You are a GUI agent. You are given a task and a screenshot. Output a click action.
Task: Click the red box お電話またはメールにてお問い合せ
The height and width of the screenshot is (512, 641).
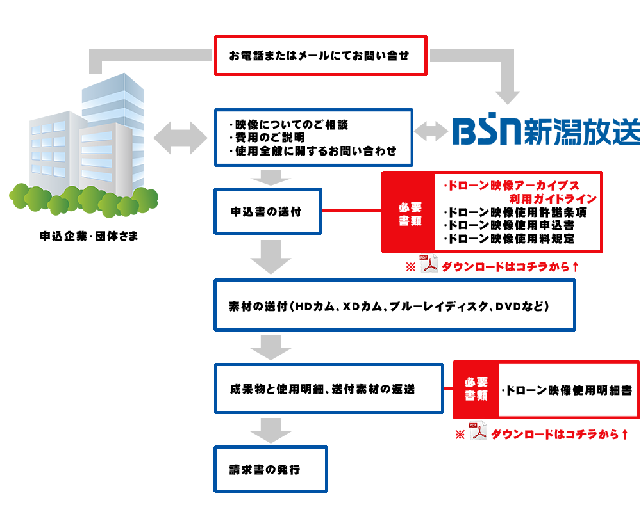[320, 56]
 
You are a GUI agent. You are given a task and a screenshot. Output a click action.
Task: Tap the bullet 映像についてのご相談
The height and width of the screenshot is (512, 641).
[290, 124]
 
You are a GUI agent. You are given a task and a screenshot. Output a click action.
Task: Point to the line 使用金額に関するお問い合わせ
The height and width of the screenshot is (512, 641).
[314, 152]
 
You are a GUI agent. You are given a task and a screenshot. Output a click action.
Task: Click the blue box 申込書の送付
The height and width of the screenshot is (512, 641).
[267, 211]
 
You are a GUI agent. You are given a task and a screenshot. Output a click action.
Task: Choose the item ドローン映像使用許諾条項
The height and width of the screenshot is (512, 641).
[515, 212]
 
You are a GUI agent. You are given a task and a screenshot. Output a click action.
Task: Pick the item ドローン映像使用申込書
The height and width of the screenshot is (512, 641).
[510, 225]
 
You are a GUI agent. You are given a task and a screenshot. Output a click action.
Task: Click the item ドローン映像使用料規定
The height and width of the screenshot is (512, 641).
[510, 238]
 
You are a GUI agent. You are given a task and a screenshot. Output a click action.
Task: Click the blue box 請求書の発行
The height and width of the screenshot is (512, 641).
[270, 469]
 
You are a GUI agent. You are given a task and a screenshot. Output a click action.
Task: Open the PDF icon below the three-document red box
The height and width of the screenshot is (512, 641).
[428, 264]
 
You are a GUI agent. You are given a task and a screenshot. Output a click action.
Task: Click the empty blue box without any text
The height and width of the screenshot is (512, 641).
[546, 128]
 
